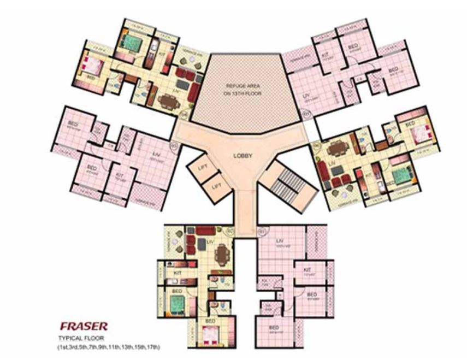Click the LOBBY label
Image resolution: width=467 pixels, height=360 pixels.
243,156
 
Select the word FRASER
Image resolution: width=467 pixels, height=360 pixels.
83,327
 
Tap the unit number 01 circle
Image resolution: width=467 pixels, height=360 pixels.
261,231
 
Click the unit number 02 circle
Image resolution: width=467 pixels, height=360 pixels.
229,231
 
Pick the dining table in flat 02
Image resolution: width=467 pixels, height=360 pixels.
222,253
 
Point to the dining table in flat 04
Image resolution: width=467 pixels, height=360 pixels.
334,149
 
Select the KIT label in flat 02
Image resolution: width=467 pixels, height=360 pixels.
178,271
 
